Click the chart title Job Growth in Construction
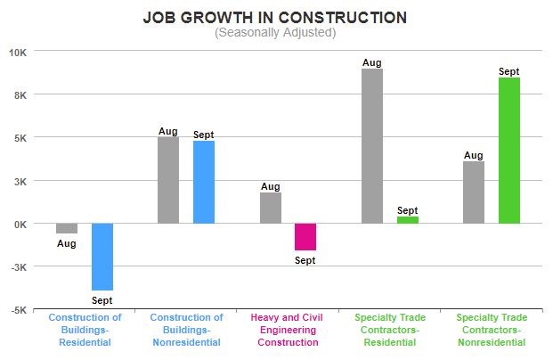[275, 18]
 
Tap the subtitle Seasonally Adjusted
[275, 33]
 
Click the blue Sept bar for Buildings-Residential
[102, 257]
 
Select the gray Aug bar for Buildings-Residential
[67, 228]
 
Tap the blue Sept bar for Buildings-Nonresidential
[204, 182]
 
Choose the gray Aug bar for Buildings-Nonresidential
[168, 180]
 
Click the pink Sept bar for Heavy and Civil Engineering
[305, 237]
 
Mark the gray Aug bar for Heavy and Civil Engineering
[271, 208]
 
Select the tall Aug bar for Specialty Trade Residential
[372, 146]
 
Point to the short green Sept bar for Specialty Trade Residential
[408, 219]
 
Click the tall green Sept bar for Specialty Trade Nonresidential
[509, 151]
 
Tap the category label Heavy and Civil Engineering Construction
[288, 330]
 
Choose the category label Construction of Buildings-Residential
[85, 330]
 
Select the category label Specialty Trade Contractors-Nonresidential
[491, 330]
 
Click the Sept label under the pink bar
[305, 260]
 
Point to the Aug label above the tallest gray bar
[372, 62]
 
